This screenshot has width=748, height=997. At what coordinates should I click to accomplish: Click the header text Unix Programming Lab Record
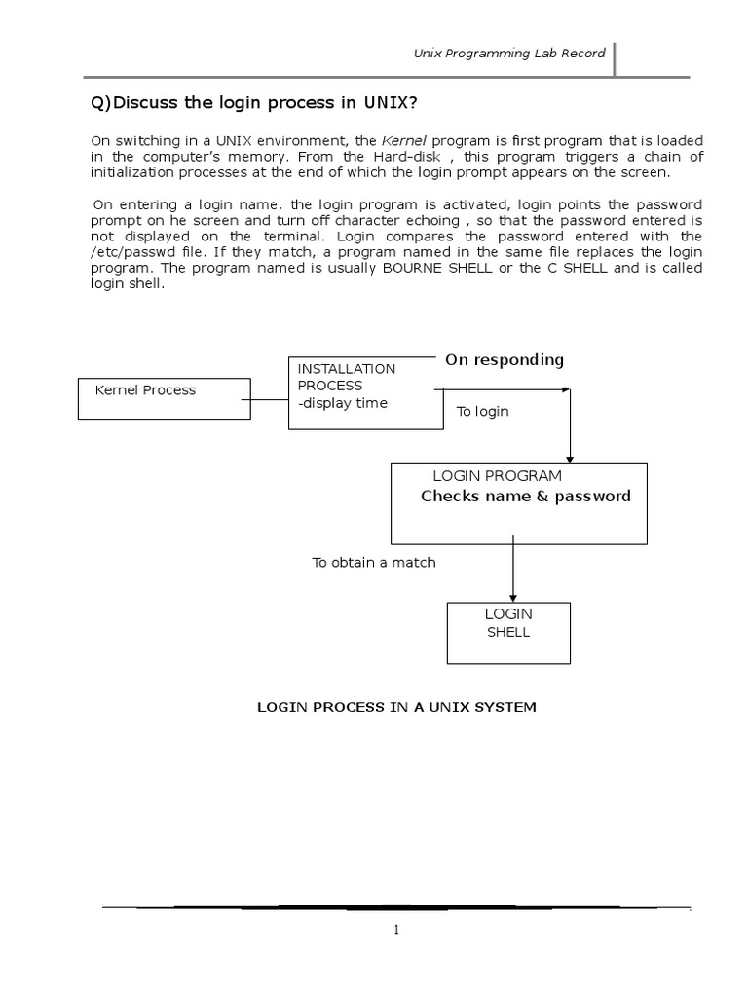pyautogui.click(x=509, y=54)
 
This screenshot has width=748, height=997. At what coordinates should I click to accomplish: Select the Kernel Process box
pyautogui.click(x=163, y=398)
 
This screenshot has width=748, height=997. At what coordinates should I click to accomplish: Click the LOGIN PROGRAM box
pyautogui.click(x=518, y=503)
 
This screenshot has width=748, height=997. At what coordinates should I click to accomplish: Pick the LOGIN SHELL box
pyautogui.click(x=508, y=632)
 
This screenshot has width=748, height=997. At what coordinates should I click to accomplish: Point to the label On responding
pyautogui.click(x=505, y=360)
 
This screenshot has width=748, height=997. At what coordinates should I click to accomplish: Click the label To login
pyautogui.click(x=483, y=412)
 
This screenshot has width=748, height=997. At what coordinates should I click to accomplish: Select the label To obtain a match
pyautogui.click(x=374, y=563)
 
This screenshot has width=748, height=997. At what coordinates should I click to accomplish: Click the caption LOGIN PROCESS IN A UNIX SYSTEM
pyautogui.click(x=395, y=707)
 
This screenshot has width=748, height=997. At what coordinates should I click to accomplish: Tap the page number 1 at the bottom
pyautogui.click(x=396, y=930)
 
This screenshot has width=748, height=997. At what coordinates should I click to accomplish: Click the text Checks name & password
pyautogui.click(x=526, y=497)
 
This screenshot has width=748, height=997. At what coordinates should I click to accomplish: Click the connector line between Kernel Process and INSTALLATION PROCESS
pyautogui.click(x=269, y=398)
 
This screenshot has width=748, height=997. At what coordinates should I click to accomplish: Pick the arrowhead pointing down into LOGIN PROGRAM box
pyautogui.click(x=571, y=457)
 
